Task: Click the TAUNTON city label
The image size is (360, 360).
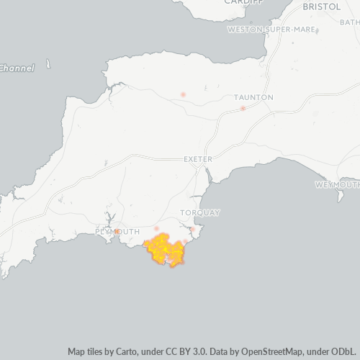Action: [x=253, y=96]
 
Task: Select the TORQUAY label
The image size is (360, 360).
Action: [x=200, y=212]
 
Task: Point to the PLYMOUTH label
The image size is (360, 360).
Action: [x=117, y=231]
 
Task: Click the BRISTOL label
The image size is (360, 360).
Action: [x=323, y=6]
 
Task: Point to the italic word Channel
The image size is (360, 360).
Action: [x=17, y=68]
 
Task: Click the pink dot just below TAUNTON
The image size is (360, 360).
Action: [x=243, y=108]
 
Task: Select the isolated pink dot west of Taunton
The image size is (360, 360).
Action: [x=183, y=94]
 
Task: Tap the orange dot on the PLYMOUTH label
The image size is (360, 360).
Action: [x=117, y=232]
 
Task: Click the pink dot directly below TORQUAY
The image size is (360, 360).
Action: [x=193, y=230]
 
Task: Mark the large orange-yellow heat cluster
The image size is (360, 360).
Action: [x=166, y=250]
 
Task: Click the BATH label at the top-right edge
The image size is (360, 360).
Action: [x=350, y=22]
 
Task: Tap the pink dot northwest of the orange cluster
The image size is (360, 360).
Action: [x=156, y=228]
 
